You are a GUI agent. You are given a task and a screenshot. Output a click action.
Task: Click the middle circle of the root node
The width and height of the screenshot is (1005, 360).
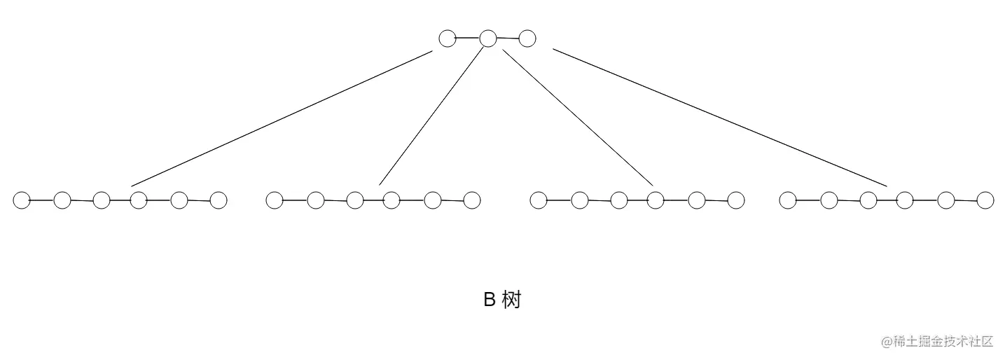tap(488, 39)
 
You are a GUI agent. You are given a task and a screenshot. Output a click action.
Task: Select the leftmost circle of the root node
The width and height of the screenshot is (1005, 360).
tap(448, 39)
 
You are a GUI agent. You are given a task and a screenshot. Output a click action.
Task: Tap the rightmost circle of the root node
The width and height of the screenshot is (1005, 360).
tap(527, 39)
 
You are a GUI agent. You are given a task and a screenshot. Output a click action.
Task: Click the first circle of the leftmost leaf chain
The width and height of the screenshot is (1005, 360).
tap(22, 200)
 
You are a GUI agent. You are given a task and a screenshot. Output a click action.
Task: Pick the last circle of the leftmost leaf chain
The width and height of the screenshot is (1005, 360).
tap(219, 200)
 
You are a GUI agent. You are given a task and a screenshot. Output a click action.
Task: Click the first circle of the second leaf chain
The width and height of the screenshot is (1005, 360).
tap(275, 200)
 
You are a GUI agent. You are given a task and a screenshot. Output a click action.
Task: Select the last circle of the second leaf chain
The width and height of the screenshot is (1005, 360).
tap(472, 200)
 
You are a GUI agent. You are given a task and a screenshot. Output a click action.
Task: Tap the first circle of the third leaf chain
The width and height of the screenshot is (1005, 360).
tap(539, 200)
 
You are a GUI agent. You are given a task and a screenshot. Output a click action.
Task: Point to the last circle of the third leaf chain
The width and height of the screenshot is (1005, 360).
tap(736, 200)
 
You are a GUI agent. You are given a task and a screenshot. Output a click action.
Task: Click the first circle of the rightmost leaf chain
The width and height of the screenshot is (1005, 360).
tap(788, 200)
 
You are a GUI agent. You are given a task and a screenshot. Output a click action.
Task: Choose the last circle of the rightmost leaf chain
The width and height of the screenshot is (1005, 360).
tap(985, 200)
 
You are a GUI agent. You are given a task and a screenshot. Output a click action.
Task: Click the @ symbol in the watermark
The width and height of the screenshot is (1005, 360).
tap(887, 342)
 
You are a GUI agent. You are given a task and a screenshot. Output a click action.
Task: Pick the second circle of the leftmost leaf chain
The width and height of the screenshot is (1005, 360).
tap(62, 200)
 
